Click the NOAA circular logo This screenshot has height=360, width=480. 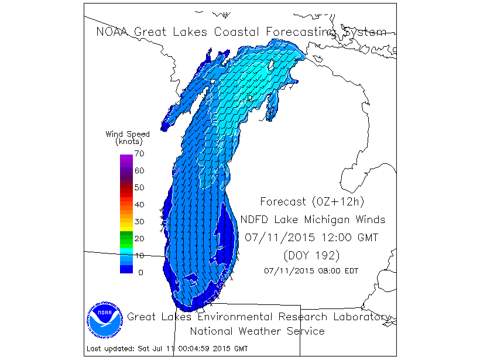coord(106,321)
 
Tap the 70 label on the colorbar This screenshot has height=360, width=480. coord(139,154)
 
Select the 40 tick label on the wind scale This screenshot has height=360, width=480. coord(139,204)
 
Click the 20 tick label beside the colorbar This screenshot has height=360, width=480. coord(139,238)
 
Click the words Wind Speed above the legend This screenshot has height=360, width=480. coord(127,134)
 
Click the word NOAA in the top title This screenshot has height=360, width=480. coord(113,32)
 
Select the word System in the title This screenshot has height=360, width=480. coord(364,32)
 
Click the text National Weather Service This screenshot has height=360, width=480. coord(257,331)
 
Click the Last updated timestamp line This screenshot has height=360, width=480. coord(167,349)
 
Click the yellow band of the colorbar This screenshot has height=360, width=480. coord(126,222)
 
